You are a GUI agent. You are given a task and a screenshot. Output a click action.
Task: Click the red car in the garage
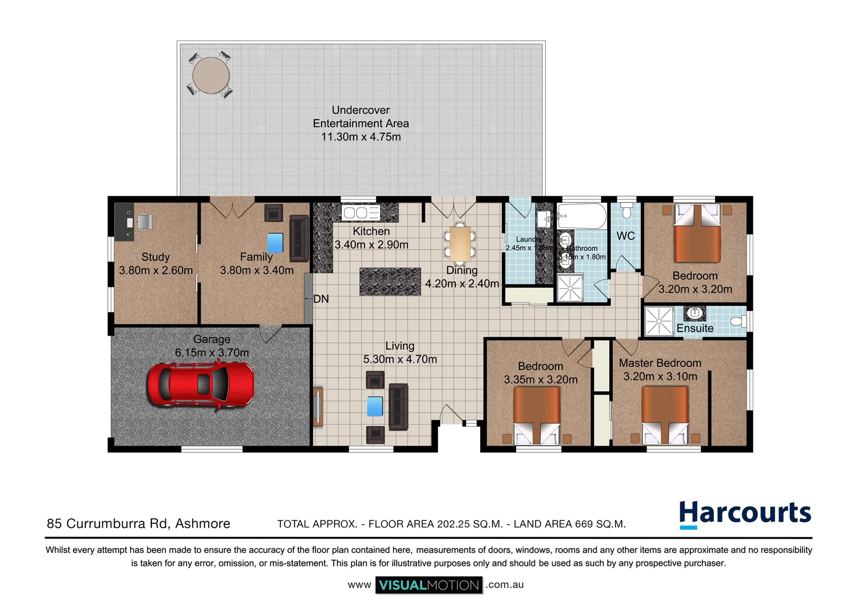pyautogui.click(x=201, y=384)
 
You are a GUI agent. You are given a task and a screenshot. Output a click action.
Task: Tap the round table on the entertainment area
pyautogui.click(x=210, y=75)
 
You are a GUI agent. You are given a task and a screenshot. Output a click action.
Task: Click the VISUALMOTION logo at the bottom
pyautogui.click(x=429, y=585)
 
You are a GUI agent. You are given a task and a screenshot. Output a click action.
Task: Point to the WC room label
pyautogui.click(x=626, y=236)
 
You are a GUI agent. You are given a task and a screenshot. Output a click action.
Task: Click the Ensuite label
pyautogui.click(x=695, y=328)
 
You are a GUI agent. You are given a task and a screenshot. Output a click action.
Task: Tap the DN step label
pyautogui.click(x=321, y=299)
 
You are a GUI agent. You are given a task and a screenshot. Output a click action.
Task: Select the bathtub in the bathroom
pyautogui.click(x=582, y=216)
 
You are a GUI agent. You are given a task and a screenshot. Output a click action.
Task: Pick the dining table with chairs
pyautogui.click(x=460, y=244)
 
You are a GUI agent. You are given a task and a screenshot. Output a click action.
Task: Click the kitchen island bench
pyautogui.click(x=390, y=282)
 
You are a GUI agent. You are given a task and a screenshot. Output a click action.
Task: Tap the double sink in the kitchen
pyautogui.click(x=361, y=212)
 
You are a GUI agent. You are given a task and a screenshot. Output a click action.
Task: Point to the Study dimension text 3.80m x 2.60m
pyautogui.click(x=156, y=270)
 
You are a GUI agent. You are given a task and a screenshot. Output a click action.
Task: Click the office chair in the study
pyautogui.click(x=144, y=221)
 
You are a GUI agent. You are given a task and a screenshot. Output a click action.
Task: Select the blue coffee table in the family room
pyautogui.click(x=275, y=243)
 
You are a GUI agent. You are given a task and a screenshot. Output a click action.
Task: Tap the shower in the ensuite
pyautogui.click(x=658, y=321)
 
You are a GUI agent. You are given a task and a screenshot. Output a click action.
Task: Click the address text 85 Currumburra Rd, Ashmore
pyautogui.click(x=138, y=524)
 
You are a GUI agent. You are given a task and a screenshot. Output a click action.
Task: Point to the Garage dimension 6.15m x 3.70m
pyautogui.click(x=211, y=353)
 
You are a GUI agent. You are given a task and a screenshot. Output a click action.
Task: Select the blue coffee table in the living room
pyautogui.click(x=375, y=406)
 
